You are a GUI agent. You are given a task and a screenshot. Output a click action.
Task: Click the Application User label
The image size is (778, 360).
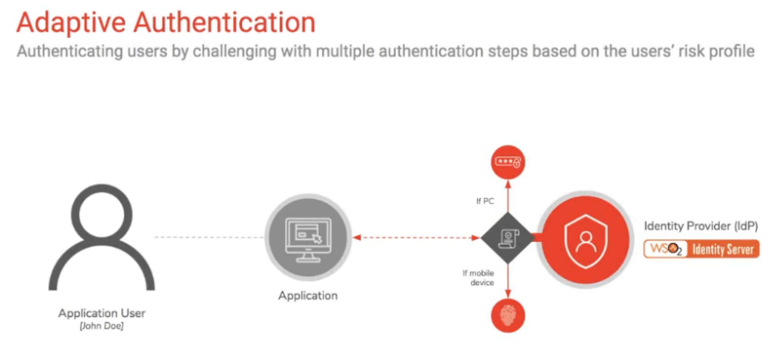(102, 313)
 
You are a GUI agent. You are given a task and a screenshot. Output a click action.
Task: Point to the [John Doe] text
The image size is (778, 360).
(102, 327)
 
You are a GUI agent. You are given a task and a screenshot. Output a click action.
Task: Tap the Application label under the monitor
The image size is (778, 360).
(308, 296)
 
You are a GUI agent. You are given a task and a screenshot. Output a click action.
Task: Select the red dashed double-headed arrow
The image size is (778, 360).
(415, 238)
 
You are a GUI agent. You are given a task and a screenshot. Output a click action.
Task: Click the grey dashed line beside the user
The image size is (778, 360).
(209, 238)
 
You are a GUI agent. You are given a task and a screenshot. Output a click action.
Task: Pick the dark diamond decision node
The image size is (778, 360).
(507, 238)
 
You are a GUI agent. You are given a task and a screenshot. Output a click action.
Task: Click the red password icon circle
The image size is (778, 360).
(507, 162)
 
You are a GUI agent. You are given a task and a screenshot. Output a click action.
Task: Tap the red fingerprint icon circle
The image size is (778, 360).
(507, 315)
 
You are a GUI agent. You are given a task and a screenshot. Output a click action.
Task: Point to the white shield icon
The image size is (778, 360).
(586, 238)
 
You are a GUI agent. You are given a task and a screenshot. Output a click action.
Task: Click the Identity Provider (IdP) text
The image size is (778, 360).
(701, 226)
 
